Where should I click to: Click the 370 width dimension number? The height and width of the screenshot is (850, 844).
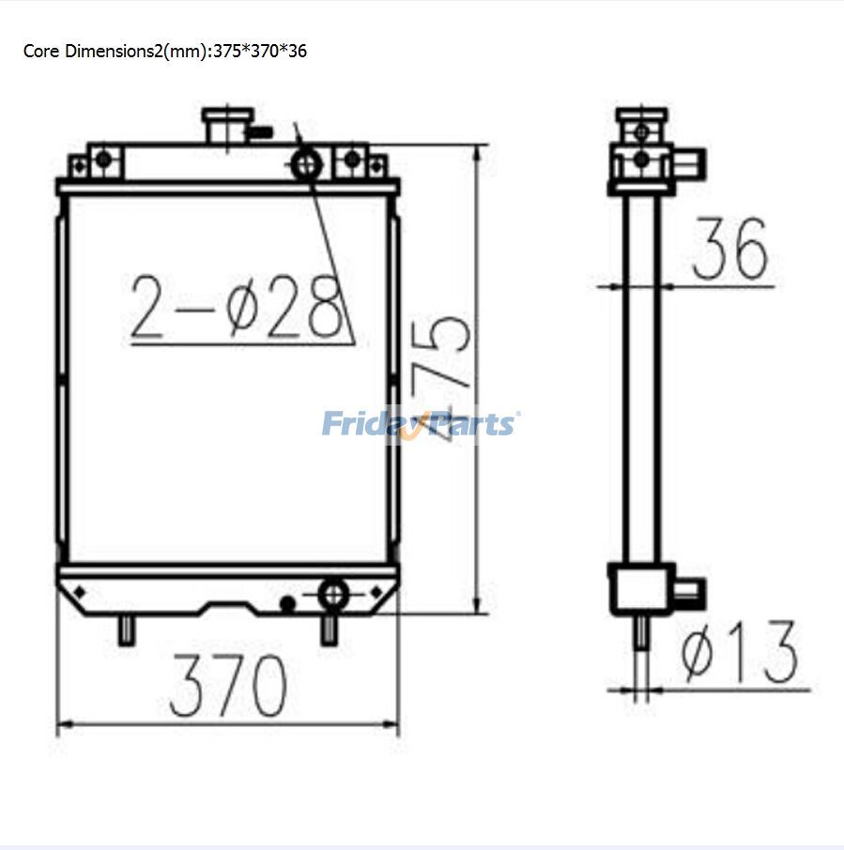pyautogui.click(x=228, y=686)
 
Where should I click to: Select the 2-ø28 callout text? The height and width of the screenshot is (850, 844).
pyautogui.click(x=235, y=307)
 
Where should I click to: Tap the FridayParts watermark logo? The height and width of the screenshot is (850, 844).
pyautogui.click(x=420, y=423)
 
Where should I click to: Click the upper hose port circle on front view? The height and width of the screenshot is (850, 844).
pyautogui.click(x=306, y=165)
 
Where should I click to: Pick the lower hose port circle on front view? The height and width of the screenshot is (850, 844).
pyautogui.click(x=333, y=594)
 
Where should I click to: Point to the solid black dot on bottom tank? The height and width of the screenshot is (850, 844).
pyautogui.click(x=288, y=602)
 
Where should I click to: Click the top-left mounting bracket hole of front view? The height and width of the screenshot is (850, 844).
pyautogui.click(x=103, y=159)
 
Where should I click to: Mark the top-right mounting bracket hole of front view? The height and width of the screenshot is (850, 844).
pyautogui.click(x=352, y=159)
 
